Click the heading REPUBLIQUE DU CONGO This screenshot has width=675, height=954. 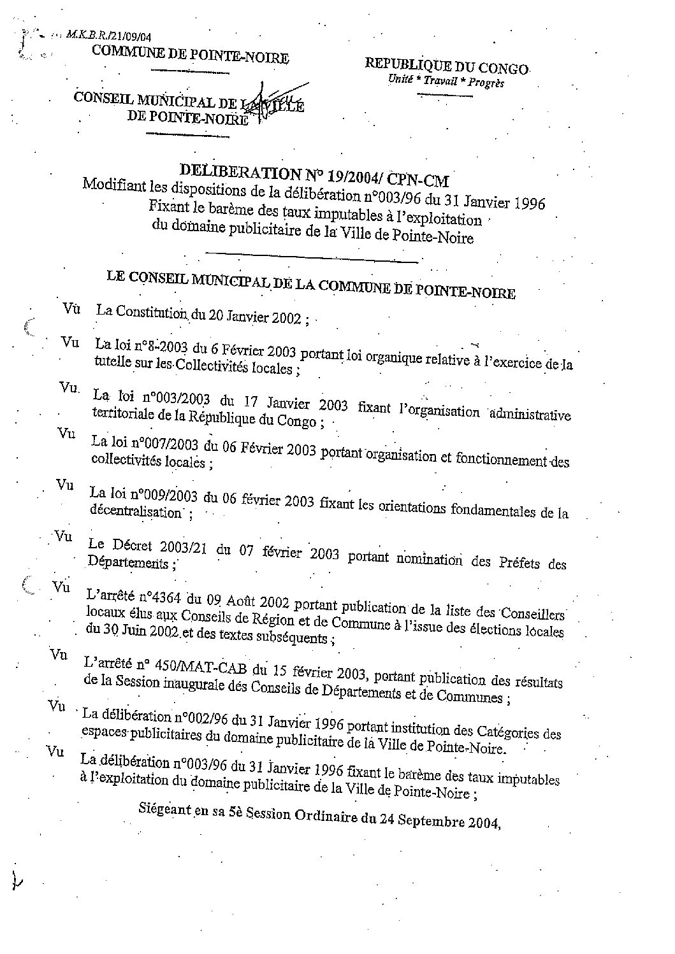coord(446,66)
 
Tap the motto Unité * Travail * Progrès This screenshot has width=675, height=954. coord(446,82)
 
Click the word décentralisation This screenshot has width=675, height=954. coord(136,511)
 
